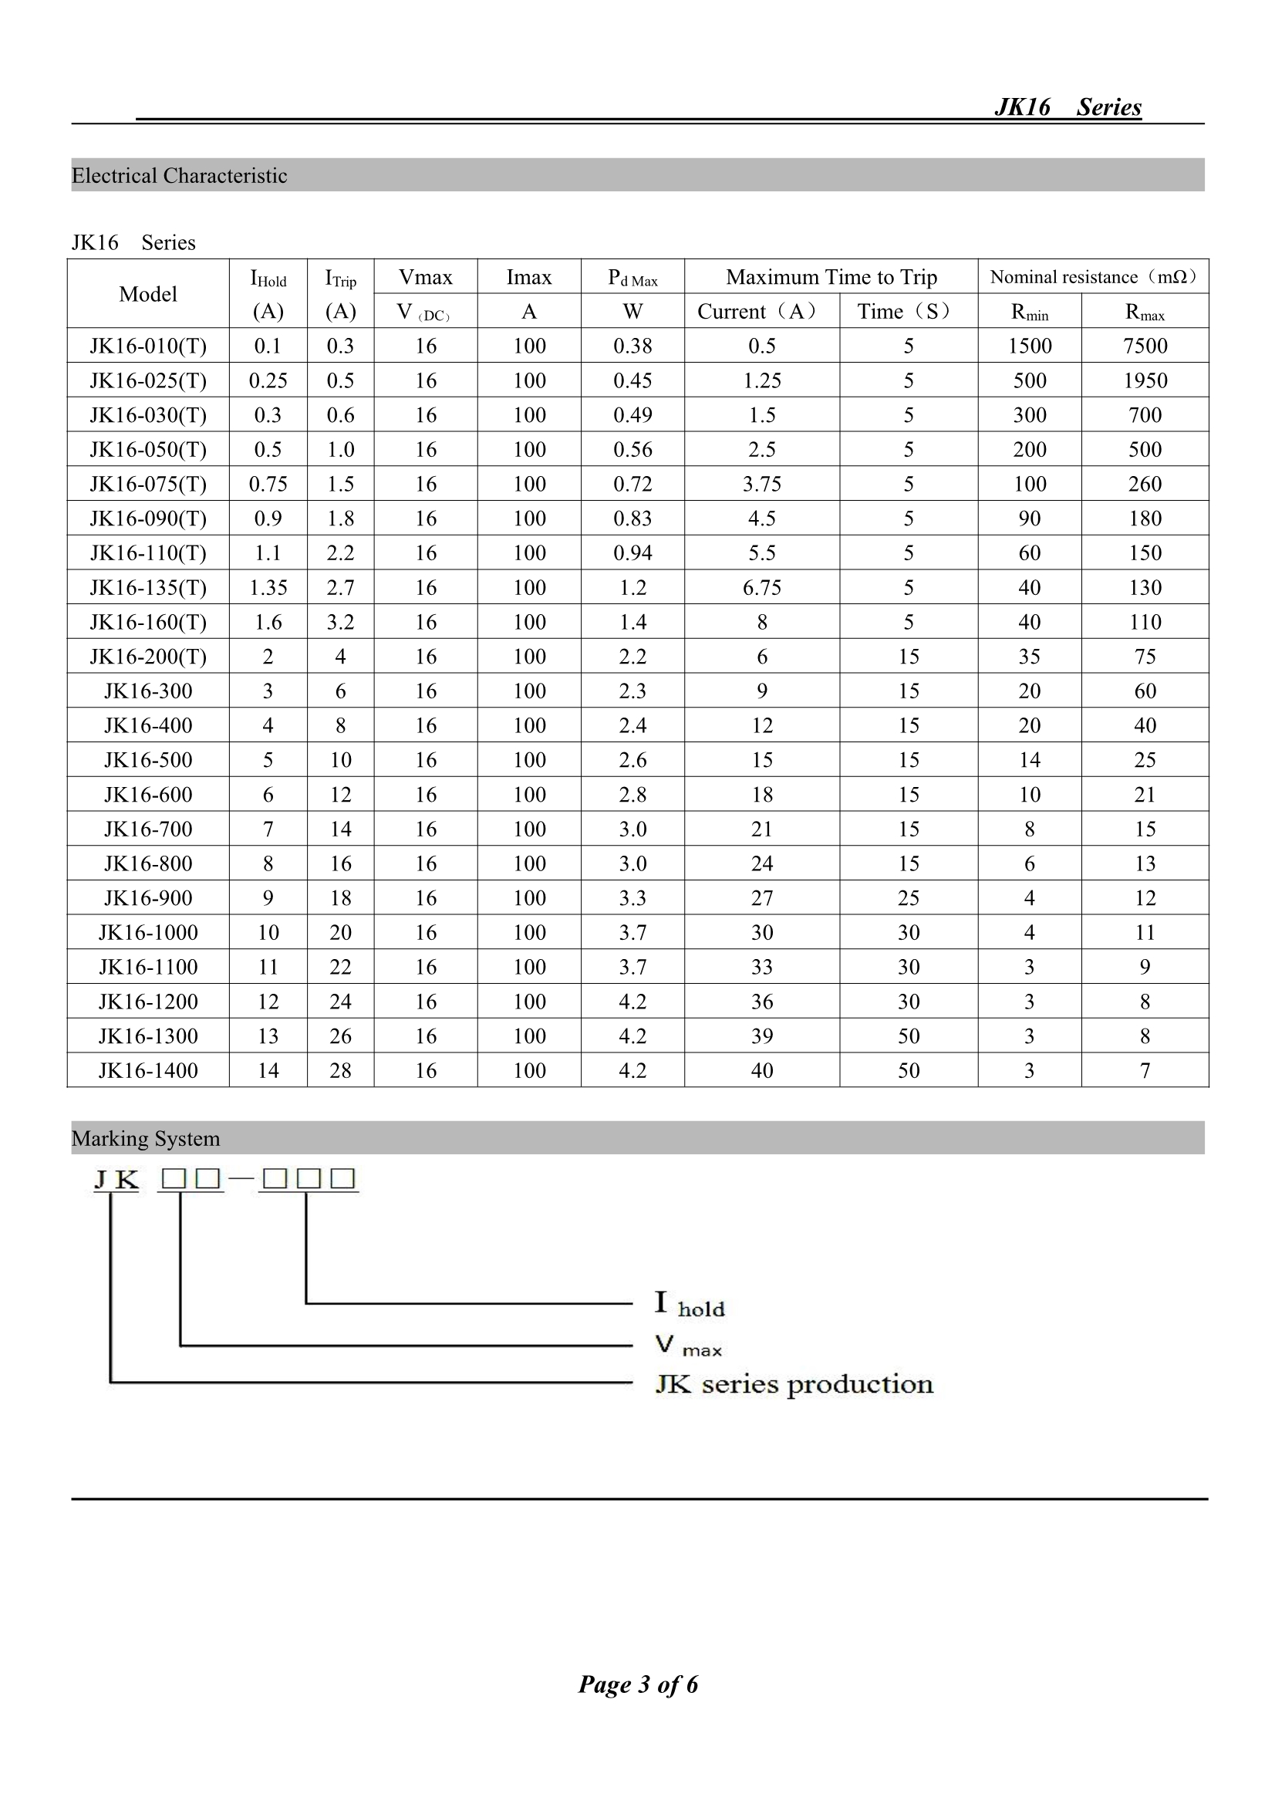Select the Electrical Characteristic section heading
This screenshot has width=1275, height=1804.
(x=179, y=175)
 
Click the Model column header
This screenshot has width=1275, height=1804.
(x=147, y=294)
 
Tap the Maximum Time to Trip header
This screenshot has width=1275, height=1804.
(x=831, y=276)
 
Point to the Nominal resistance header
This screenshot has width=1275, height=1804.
(x=1093, y=276)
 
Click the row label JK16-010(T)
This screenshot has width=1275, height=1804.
(x=147, y=346)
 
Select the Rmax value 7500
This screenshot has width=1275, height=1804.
(x=1145, y=346)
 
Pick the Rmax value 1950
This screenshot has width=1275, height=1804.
(x=1145, y=380)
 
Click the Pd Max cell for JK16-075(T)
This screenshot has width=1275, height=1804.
(x=632, y=484)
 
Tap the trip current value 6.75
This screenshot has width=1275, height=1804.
(x=761, y=588)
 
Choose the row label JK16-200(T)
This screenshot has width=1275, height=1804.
(x=147, y=657)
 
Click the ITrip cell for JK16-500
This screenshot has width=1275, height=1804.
(x=340, y=760)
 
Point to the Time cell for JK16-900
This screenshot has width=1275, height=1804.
(x=908, y=898)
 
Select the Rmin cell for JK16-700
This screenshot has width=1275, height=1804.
(x=1029, y=829)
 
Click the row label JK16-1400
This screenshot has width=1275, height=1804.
(x=147, y=1070)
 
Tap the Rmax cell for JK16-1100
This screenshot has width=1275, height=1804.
(x=1145, y=968)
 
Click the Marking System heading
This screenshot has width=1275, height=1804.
(x=145, y=1139)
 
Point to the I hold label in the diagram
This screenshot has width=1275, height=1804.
(x=690, y=1305)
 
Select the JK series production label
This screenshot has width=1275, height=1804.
(x=794, y=1383)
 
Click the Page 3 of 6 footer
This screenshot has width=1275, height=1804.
(x=638, y=1684)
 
